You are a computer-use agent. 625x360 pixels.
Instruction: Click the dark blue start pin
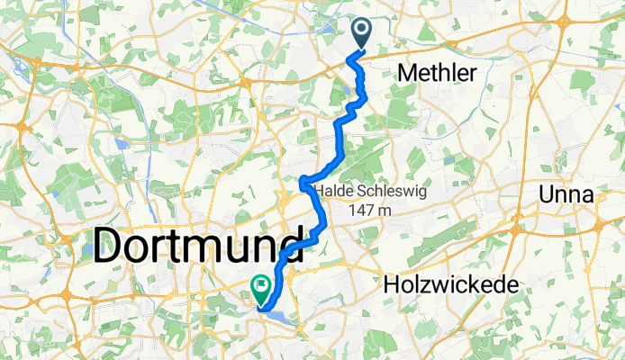(361, 33)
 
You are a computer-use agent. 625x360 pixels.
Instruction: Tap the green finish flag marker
(261, 288)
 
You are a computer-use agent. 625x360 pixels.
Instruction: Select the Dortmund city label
(198, 245)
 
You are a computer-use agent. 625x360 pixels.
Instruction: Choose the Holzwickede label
(450, 284)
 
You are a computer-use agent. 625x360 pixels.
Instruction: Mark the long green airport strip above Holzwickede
(468, 238)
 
